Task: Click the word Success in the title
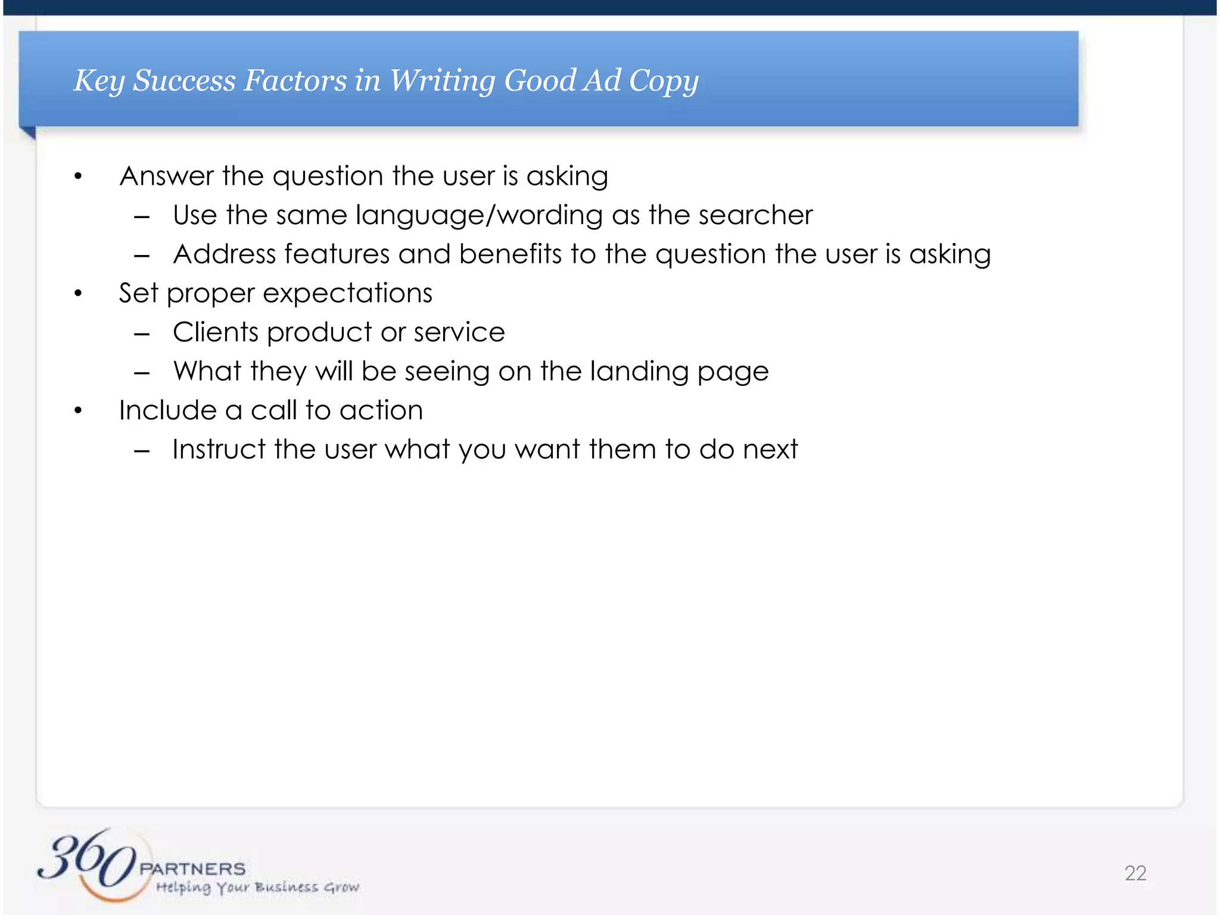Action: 184,80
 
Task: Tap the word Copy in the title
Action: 664,82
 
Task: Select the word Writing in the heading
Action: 441,82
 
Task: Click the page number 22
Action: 1135,873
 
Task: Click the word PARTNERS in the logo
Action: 192,869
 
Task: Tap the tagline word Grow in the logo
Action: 341,888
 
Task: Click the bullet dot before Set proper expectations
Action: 78,293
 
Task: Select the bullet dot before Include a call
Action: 78,410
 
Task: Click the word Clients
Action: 216,332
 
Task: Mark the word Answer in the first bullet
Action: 166,176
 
